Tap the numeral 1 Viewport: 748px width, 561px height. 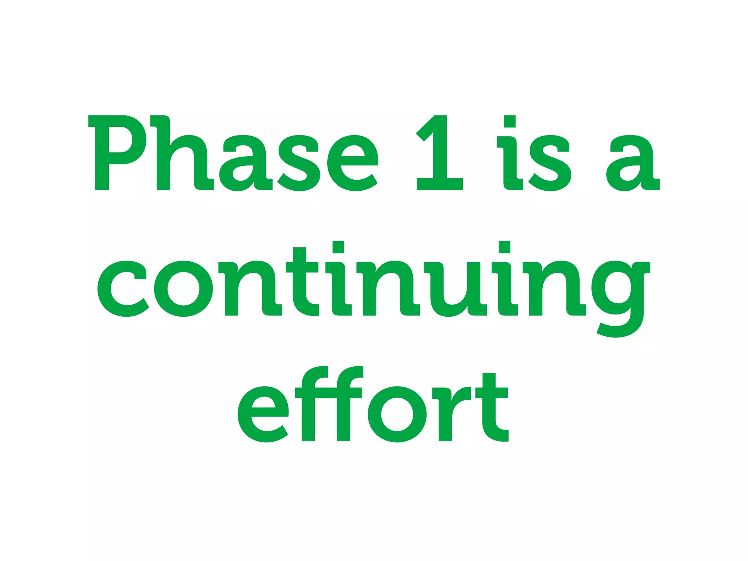point(440,153)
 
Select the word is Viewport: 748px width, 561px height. point(533,153)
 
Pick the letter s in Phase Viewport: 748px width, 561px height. point(299,163)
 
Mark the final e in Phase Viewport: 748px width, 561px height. point(352,163)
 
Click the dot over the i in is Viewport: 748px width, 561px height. point(510,121)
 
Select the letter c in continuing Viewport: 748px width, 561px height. point(123,289)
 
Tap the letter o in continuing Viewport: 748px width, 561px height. point(183,289)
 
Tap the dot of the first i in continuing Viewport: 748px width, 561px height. point(338,247)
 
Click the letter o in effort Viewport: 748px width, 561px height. point(397,414)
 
